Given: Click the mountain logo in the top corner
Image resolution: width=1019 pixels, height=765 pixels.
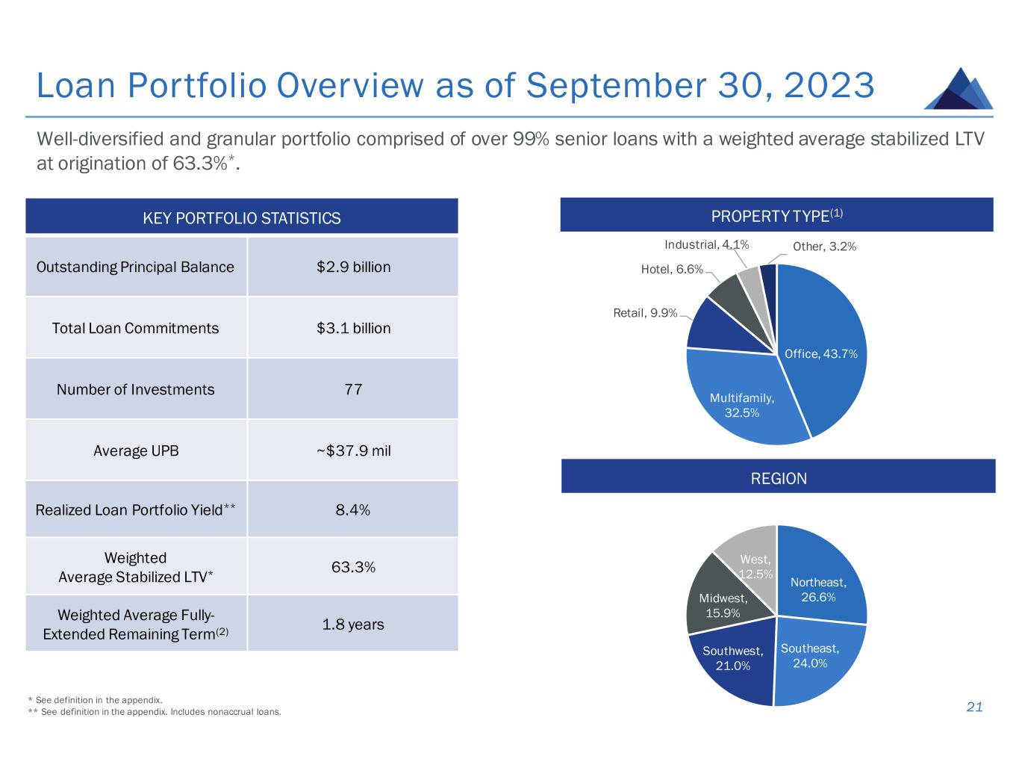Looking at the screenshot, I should pos(959,89).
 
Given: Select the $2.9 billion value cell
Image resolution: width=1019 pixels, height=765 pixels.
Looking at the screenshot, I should pos(353,267).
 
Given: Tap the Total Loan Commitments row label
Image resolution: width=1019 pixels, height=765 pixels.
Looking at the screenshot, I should pos(135,328).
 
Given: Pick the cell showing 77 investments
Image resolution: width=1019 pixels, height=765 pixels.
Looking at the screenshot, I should pos(353,389).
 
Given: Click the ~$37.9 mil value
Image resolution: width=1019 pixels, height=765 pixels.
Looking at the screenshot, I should pos(353,450).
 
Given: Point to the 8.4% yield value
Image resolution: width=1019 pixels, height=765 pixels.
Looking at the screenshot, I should pos(353,510).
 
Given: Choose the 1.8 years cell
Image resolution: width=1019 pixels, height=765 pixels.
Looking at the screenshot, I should pos(353,624).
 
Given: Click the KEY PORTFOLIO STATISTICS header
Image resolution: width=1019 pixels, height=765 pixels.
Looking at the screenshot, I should pos(241,217).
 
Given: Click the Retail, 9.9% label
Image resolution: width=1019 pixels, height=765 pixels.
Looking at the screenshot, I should pos(645,313).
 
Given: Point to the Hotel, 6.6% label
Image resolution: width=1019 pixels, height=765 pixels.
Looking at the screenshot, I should pos(672,269).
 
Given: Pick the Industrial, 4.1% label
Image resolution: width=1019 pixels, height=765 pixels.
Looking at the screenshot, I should pos(706,244).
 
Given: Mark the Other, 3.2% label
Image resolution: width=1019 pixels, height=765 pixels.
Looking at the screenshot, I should pos(824,246).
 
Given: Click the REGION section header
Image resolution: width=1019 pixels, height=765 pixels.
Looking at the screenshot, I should pos(778,478).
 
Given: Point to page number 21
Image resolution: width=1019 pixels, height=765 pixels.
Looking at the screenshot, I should pos(974,707).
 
